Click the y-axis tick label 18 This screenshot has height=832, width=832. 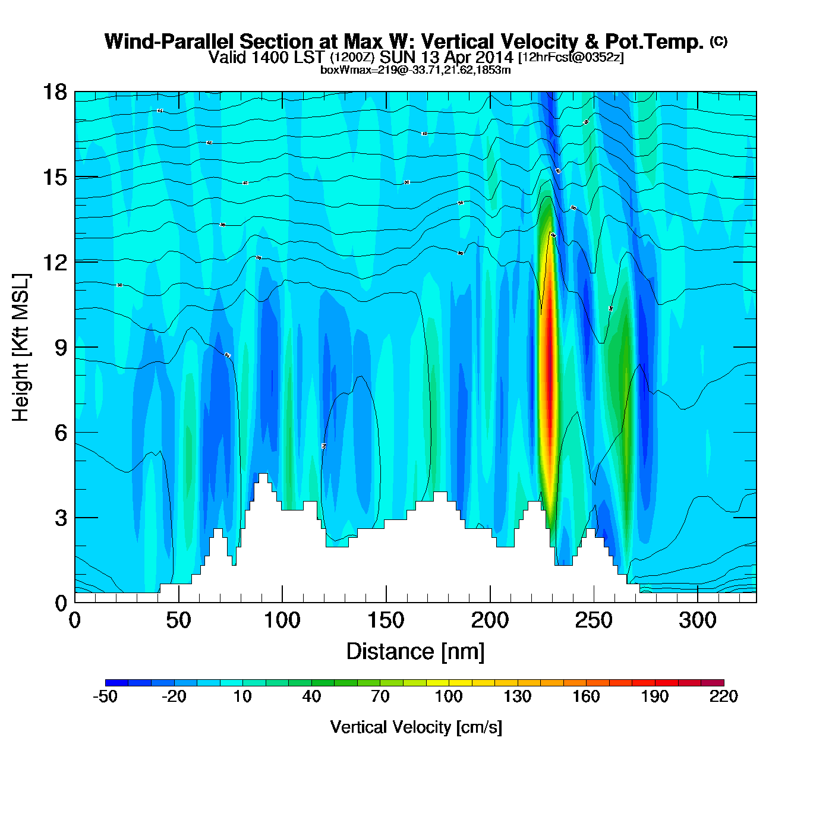(54, 92)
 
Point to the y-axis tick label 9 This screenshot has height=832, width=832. (61, 348)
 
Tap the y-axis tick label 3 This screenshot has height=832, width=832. (61, 518)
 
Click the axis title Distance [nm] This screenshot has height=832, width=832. (415, 652)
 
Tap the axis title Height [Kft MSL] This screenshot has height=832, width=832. (21, 348)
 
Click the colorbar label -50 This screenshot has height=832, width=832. (105, 697)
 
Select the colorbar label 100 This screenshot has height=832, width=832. (449, 697)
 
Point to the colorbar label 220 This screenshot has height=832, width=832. (723, 697)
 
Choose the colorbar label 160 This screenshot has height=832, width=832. (586, 697)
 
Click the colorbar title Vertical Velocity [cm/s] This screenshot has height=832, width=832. (416, 727)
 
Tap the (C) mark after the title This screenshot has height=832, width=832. (718, 41)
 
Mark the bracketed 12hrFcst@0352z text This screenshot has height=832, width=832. (571, 58)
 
